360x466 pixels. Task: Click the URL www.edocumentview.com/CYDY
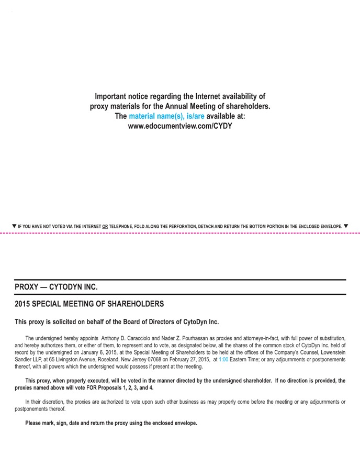click(180, 126)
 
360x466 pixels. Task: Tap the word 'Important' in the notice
click(112, 96)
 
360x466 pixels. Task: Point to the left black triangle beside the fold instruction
click(14, 226)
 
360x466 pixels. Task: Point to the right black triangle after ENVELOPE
click(346, 226)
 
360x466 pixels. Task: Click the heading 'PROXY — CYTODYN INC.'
click(56, 287)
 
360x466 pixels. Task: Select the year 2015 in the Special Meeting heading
click(22, 304)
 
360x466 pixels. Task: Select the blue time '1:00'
click(223, 360)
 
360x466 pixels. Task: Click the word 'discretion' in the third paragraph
click(50, 402)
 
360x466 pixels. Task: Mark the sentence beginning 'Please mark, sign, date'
click(111, 423)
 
